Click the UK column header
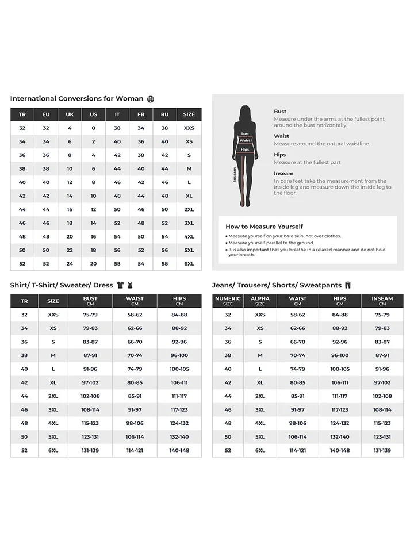click(x=70, y=114)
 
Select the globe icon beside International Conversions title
click(x=151, y=99)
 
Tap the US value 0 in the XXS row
click(x=93, y=128)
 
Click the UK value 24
click(x=70, y=264)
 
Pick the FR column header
click(x=141, y=114)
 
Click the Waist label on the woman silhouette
click(x=245, y=140)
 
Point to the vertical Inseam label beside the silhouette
click(x=235, y=174)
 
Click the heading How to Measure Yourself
click(x=264, y=227)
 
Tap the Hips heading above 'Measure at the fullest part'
click(x=279, y=155)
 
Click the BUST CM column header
click(x=90, y=301)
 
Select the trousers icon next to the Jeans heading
click(x=348, y=285)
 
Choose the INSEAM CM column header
click(x=382, y=301)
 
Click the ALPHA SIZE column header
click(x=260, y=301)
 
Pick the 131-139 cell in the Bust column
click(x=90, y=450)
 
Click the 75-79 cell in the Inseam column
click(x=382, y=315)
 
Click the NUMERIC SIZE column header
click(x=228, y=301)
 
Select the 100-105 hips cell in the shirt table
click(x=179, y=369)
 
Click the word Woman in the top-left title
click(x=129, y=99)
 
